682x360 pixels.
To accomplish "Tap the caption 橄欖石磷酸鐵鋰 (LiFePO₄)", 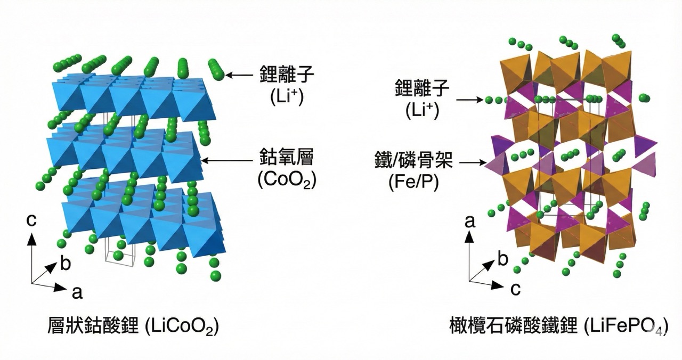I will coord(557,325).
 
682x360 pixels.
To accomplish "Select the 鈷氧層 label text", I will coord(287,159).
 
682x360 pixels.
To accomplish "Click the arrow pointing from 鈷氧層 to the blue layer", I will coord(226,159).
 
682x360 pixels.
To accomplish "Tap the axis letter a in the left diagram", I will coord(77,291).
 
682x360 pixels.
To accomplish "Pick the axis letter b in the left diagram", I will coord(65,264).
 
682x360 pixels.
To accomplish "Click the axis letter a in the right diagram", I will coord(470,221).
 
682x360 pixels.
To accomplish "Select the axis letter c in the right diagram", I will coord(515,289).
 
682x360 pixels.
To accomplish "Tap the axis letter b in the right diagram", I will coord(502,260).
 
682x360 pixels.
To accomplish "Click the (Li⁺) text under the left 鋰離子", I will coord(287,97).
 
